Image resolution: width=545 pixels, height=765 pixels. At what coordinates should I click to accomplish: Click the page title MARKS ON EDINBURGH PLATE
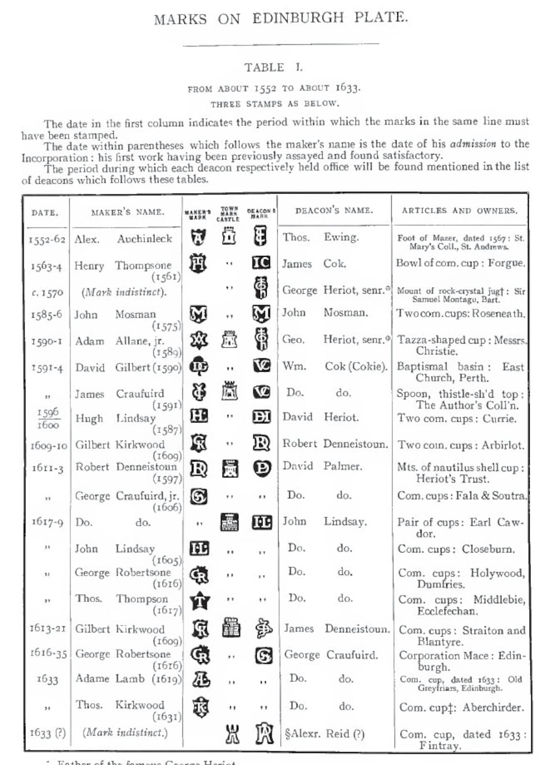click(x=281, y=18)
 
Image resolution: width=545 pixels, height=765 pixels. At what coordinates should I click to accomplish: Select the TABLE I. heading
click(x=273, y=67)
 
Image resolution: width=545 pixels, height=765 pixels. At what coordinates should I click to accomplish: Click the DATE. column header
click(x=45, y=213)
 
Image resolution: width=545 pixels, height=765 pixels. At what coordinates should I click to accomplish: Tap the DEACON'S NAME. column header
click(x=334, y=211)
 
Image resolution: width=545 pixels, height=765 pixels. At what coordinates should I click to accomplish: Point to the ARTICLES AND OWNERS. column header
click(x=459, y=211)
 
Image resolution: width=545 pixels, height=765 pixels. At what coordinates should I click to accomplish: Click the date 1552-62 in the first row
click(x=46, y=239)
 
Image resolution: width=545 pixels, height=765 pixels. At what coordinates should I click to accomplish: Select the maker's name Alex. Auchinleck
click(x=123, y=239)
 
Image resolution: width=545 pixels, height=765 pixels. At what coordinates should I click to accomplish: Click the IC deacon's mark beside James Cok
click(x=261, y=263)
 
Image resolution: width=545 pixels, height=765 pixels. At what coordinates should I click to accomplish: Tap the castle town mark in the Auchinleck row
click(x=229, y=236)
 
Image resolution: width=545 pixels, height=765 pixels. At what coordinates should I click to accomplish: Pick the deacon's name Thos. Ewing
click(x=320, y=237)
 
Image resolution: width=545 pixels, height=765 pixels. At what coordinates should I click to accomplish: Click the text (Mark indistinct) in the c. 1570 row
click(x=124, y=292)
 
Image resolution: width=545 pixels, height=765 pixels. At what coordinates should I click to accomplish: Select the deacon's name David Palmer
click(x=322, y=466)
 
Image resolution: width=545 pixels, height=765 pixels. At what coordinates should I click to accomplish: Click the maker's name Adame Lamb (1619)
click(x=128, y=679)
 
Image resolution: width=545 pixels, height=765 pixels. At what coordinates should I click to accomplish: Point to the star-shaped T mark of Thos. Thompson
click(x=199, y=600)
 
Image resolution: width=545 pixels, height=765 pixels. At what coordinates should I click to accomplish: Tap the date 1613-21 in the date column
click(x=47, y=628)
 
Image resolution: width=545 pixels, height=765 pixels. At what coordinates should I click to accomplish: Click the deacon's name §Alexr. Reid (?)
click(x=325, y=733)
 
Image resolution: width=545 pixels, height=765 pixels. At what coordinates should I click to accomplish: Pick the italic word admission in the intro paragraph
click(x=472, y=144)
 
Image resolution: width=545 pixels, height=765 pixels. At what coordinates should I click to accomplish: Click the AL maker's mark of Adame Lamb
click(x=200, y=679)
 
